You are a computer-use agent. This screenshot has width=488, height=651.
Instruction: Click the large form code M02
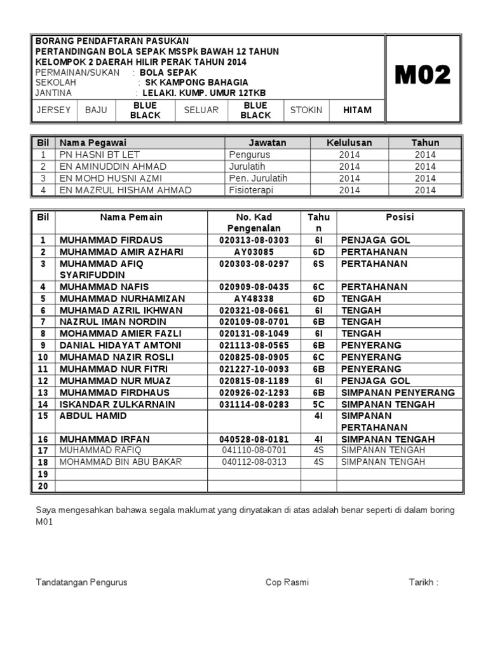pyautogui.click(x=423, y=75)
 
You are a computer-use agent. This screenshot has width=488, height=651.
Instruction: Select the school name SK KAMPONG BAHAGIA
pyautogui.click(x=197, y=82)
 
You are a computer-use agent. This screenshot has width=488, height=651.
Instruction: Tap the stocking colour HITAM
pyautogui.click(x=357, y=110)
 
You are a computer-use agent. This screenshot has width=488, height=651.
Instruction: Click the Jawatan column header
pyautogui.click(x=268, y=142)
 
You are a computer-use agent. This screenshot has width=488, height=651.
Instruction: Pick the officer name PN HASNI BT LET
pyautogui.click(x=99, y=154)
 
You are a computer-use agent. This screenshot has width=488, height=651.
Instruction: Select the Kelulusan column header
pyautogui.click(x=349, y=142)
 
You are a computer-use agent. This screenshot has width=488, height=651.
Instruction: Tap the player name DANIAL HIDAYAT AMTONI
pyautogui.click(x=120, y=345)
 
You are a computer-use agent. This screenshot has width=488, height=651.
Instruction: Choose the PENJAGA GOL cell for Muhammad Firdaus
pyautogui.click(x=376, y=240)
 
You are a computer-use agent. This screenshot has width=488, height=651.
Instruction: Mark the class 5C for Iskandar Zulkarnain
pyautogui.click(x=319, y=404)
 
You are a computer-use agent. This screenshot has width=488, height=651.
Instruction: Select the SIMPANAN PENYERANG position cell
pyautogui.click(x=398, y=392)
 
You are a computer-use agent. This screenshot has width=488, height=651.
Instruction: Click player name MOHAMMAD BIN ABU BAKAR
pyautogui.click(x=121, y=462)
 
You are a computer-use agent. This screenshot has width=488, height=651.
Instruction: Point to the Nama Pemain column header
pyautogui.click(x=131, y=217)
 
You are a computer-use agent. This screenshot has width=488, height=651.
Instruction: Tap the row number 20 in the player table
pyautogui.click(x=43, y=486)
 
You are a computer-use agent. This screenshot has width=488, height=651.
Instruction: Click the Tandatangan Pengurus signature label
pyautogui.click(x=82, y=582)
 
